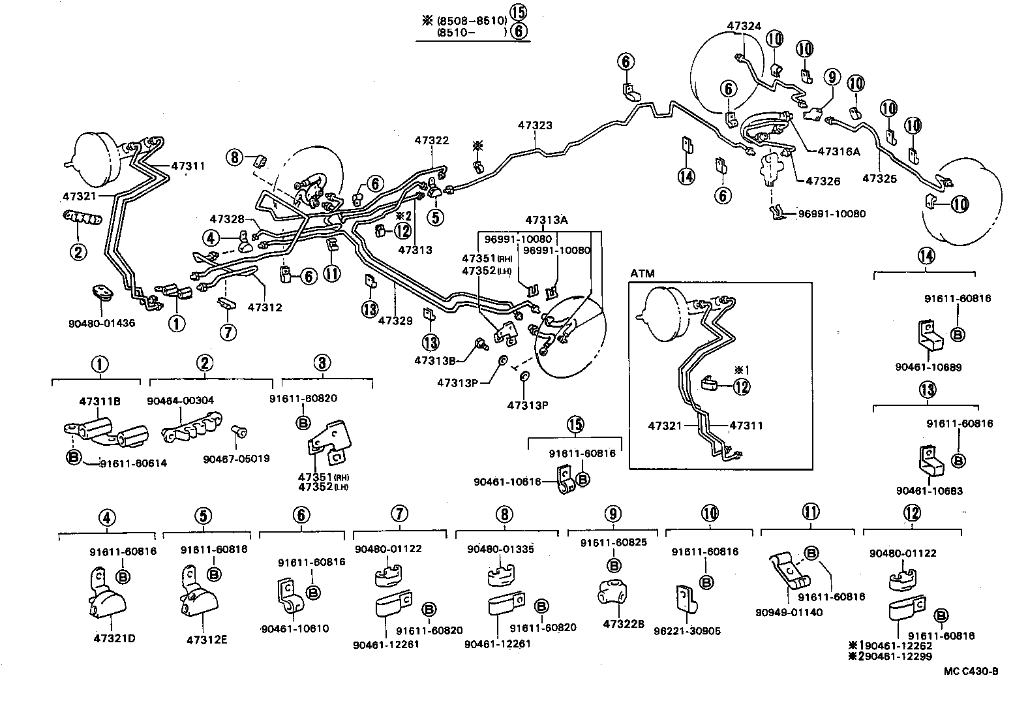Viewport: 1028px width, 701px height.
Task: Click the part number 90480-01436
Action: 101,322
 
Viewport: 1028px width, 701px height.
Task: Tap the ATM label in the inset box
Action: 643,273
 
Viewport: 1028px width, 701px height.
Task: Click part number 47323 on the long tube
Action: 535,125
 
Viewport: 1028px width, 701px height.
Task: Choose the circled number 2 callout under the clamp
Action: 78,251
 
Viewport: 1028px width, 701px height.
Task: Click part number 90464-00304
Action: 181,400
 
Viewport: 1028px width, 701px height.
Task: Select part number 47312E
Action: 207,640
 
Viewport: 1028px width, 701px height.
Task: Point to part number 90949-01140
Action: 789,612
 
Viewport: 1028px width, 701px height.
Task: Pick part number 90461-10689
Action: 928,367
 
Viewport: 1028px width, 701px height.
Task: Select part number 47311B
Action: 100,401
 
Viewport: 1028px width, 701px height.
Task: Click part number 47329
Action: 396,320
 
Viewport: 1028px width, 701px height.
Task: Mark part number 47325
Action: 879,178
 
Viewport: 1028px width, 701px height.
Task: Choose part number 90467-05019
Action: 236,458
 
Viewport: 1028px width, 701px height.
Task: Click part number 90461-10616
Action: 507,481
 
